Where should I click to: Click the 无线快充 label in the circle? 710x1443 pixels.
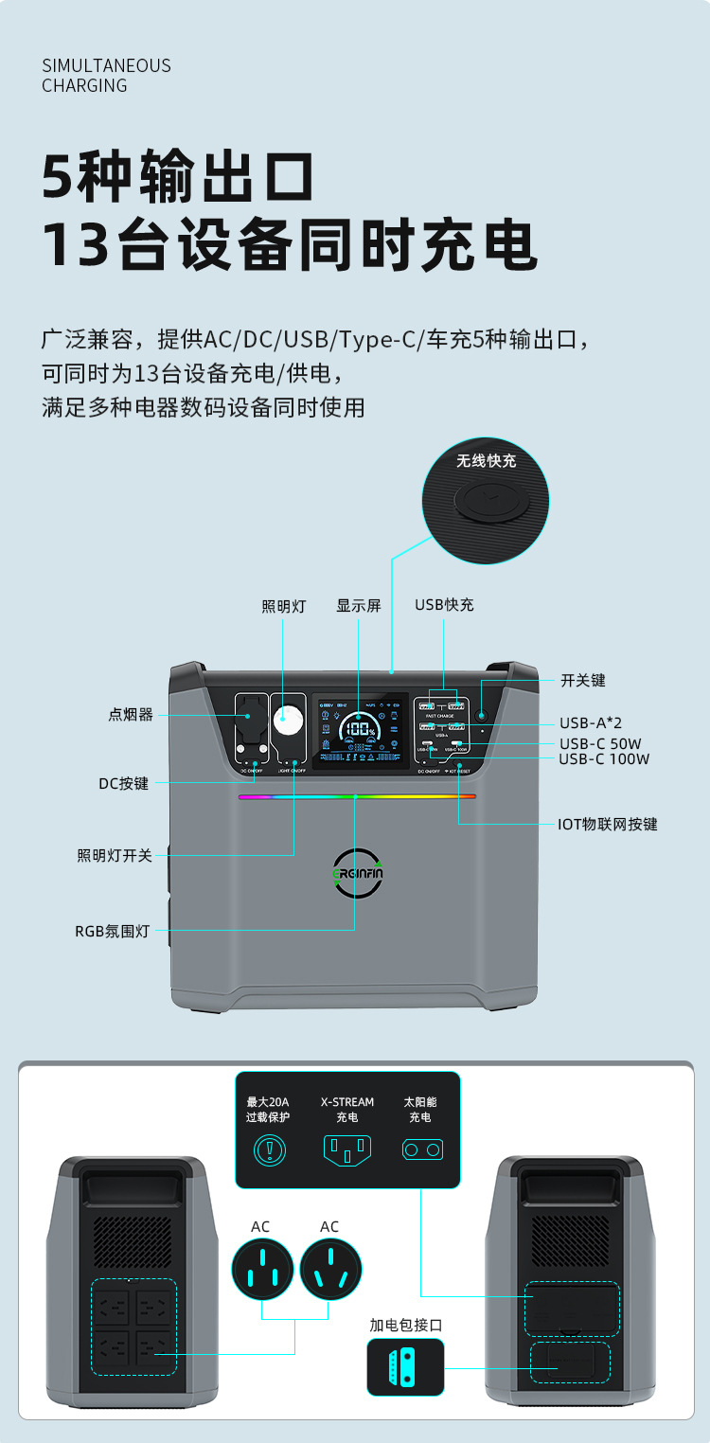click(x=486, y=461)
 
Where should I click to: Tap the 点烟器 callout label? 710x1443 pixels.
click(x=131, y=715)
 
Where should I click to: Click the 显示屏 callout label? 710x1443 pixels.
click(x=359, y=606)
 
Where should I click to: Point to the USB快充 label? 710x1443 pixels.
click(x=444, y=605)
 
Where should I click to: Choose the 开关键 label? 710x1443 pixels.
click(x=582, y=680)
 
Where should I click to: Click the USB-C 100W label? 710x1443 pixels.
click(x=604, y=758)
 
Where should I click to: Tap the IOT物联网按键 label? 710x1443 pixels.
click(x=607, y=824)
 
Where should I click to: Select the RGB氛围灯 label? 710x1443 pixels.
click(x=113, y=930)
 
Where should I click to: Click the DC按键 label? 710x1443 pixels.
click(x=124, y=784)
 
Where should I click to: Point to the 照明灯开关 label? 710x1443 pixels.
click(x=115, y=856)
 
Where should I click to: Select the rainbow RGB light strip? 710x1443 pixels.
click(x=357, y=796)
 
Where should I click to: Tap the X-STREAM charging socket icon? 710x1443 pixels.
click(x=346, y=1149)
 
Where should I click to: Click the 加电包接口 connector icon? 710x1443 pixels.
click(x=404, y=1366)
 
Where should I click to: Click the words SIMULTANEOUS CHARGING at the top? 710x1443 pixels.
click(x=107, y=76)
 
